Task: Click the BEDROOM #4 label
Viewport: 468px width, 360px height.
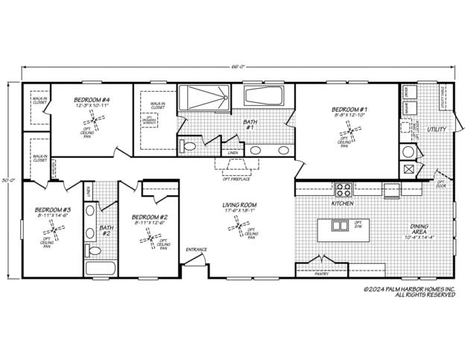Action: coord(92,100)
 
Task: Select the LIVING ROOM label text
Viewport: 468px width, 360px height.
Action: coord(238,205)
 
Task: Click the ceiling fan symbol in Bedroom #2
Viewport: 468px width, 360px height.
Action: coord(150,239)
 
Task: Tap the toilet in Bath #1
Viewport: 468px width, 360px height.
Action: coord(189,145)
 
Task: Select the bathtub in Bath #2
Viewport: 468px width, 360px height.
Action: coord(97,268)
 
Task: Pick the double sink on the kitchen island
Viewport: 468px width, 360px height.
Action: coord(339,225)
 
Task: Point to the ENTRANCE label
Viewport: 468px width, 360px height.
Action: coord(197,249)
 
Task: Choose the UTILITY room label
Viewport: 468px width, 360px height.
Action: coord(436,130)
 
